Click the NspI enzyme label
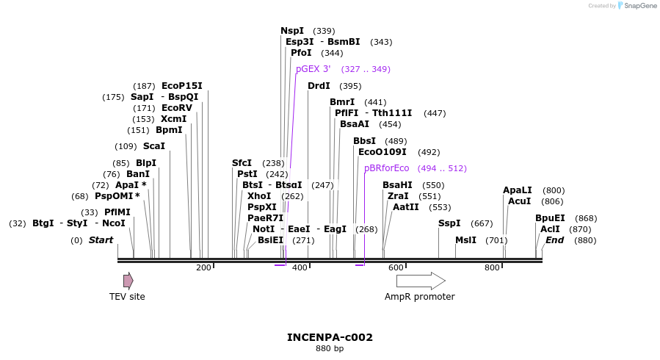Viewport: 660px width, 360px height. coord(291,31)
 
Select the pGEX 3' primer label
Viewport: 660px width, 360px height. coord(313,69)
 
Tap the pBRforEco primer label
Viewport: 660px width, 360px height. coord(386,168)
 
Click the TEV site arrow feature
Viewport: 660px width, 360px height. coord(128,281)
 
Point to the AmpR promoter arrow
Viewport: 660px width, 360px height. coord(421,281)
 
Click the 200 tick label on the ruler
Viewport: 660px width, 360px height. coord(203,267)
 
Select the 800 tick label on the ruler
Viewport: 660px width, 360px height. coord(492,267)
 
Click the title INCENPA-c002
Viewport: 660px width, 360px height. coord(330,338)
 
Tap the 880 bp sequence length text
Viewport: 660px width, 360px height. coord(330,349)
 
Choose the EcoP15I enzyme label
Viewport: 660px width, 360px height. coord(181,86)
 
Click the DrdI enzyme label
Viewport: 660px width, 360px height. coord(319,86)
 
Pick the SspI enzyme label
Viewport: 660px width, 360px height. coord(449,223)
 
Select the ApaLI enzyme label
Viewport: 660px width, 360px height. coord(517,190)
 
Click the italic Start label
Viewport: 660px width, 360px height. coord(101,240)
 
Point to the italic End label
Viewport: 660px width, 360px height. coord(554,240)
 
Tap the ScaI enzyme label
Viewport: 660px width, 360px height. coord(153,146)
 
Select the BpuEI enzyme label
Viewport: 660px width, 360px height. coord(550,218)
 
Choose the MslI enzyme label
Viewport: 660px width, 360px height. coord(465,240)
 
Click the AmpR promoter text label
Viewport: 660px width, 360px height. coord(419,297)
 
